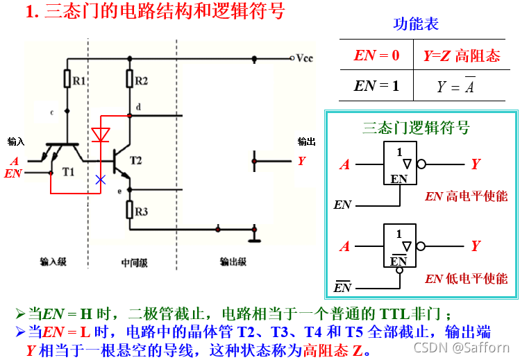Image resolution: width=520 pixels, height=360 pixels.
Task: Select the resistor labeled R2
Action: click(129, 79)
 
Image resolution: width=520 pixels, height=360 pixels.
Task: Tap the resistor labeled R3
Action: click(129, 209)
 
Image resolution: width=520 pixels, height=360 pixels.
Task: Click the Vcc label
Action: click(305, 58)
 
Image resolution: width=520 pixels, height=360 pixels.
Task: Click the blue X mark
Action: click(101, 180)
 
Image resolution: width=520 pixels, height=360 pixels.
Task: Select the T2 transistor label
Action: click(135, 161)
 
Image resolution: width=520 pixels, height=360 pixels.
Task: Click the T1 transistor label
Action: click(67, 171)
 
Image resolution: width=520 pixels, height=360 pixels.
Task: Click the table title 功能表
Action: click(416, 24)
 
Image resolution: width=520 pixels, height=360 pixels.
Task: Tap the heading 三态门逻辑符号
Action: click(416, 128)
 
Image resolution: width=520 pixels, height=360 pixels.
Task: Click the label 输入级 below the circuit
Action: click(53, 262)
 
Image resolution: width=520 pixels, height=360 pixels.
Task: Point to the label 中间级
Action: click(134, 263)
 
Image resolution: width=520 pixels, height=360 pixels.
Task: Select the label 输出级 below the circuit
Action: click(233, 262)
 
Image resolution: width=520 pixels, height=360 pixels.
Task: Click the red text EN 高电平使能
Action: click(466, 196)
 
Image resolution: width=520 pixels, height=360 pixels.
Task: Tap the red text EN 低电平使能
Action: click(466, 279)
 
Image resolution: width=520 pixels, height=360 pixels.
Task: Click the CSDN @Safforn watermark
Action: click(461, 346)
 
